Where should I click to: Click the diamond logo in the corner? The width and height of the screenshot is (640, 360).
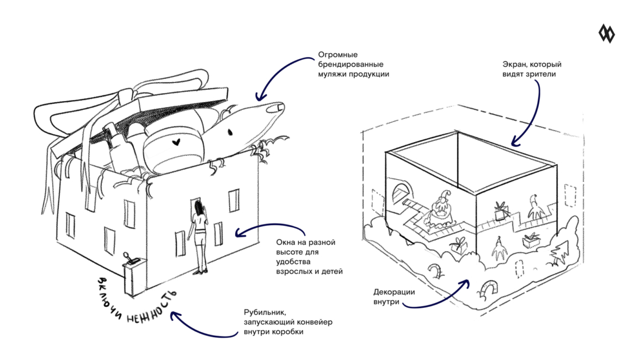(x=606, y=34)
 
